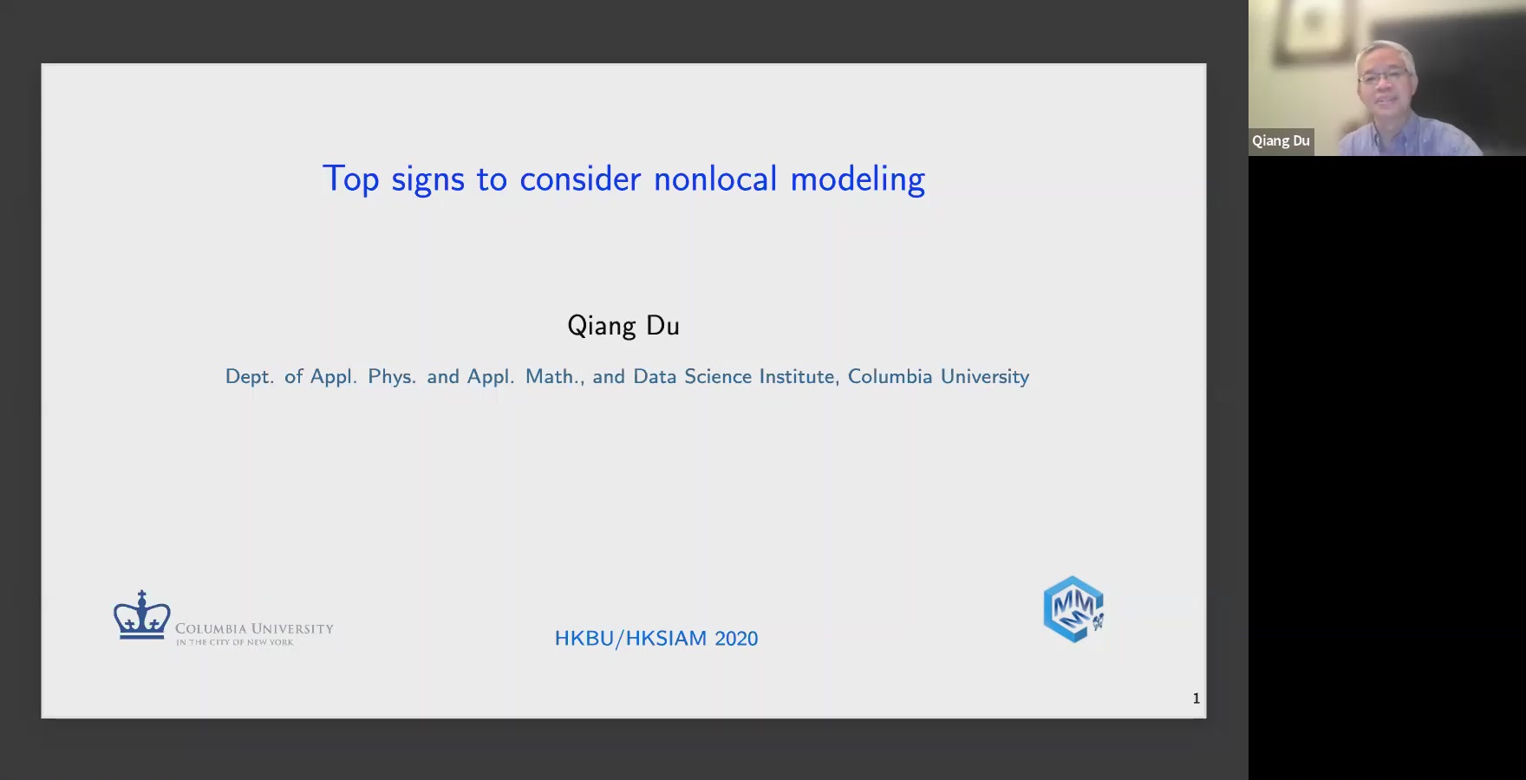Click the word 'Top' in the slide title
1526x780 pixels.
click(350, 179)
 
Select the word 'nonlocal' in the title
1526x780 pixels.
click(715, 179)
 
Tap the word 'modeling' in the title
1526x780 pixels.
click(858, 179)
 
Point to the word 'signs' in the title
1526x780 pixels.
click(427, 179)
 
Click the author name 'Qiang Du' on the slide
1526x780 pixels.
click(623, 326)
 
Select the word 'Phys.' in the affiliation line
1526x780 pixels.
click(392, 377)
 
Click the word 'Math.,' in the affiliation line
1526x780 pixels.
click(555, 376)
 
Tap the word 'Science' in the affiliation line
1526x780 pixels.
click(718, 376)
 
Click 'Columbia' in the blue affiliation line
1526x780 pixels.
click(890, 376)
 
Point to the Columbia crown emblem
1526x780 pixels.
click(142, 615)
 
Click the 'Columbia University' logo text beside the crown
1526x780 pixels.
click(254, 628)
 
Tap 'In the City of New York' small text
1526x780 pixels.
click(235, 642)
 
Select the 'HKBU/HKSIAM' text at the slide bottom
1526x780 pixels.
click(630, 639)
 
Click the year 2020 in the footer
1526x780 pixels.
click(736, 639)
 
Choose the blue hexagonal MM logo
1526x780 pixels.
click(1073, 609)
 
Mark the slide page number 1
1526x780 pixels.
click(1197, 699)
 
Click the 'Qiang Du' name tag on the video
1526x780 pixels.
click(1281, 141)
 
